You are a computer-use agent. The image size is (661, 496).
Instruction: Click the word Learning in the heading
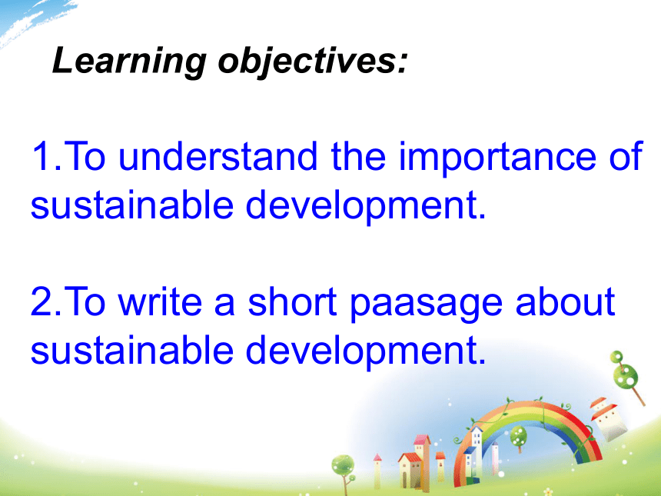click(129, 62)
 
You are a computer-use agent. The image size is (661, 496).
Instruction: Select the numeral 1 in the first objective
click(42, 156)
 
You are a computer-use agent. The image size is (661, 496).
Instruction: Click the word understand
click(218, 156)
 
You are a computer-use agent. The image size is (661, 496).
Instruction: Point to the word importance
click(497, 158)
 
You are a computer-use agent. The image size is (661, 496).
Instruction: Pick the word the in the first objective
click(358, 155)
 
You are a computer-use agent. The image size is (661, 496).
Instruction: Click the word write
click(160, 301)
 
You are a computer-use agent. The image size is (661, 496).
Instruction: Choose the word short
click(292, 301)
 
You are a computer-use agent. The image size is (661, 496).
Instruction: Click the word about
click(565, 301)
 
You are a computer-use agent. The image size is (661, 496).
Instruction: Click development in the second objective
click(366, 351)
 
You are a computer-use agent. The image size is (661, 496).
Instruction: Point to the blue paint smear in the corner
click(34, 19)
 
